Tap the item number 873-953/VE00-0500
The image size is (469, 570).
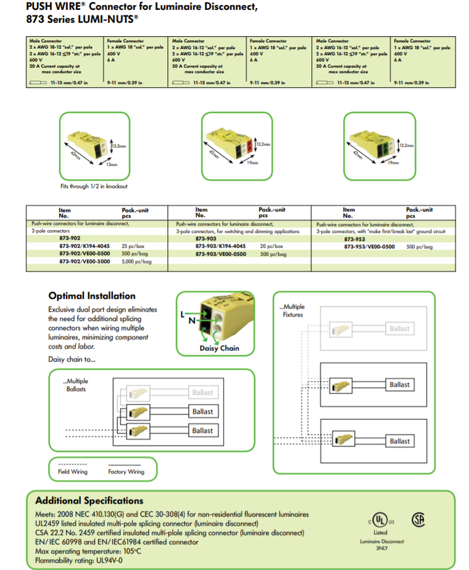369,246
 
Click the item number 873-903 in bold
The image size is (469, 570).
205,238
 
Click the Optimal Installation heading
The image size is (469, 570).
91,296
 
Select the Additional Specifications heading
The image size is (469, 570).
89,500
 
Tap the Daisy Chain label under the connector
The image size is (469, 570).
219,348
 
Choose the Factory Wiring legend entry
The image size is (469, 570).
126,471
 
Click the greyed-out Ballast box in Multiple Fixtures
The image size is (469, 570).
399,329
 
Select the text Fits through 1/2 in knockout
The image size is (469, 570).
94,186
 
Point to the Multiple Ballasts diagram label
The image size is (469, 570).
77,385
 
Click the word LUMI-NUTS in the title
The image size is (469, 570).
105,19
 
